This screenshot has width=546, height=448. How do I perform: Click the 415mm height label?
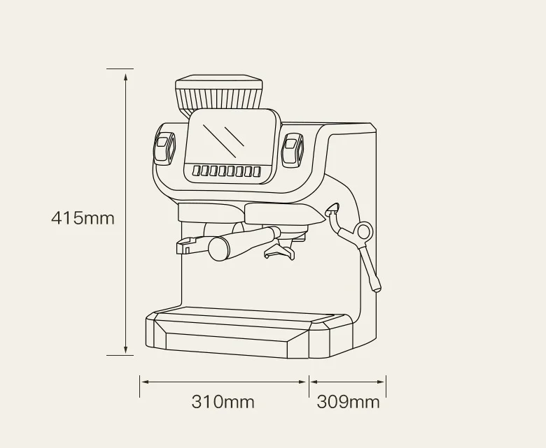tap(83, 217)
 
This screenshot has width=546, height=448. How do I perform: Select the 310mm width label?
tap(223, 402)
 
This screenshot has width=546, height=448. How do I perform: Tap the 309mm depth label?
tap(348, 402)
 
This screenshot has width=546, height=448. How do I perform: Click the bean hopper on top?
tap(219, 94)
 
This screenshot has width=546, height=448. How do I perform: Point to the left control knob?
tap(164, 149)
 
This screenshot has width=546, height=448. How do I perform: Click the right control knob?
tap(293, 149)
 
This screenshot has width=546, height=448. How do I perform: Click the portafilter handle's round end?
tap(218, 247)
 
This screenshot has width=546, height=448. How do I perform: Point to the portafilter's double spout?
tap(278, 252)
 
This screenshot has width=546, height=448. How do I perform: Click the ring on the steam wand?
tap(364, 231)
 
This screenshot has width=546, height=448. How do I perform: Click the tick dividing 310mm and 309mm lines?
tap(309, 382)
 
